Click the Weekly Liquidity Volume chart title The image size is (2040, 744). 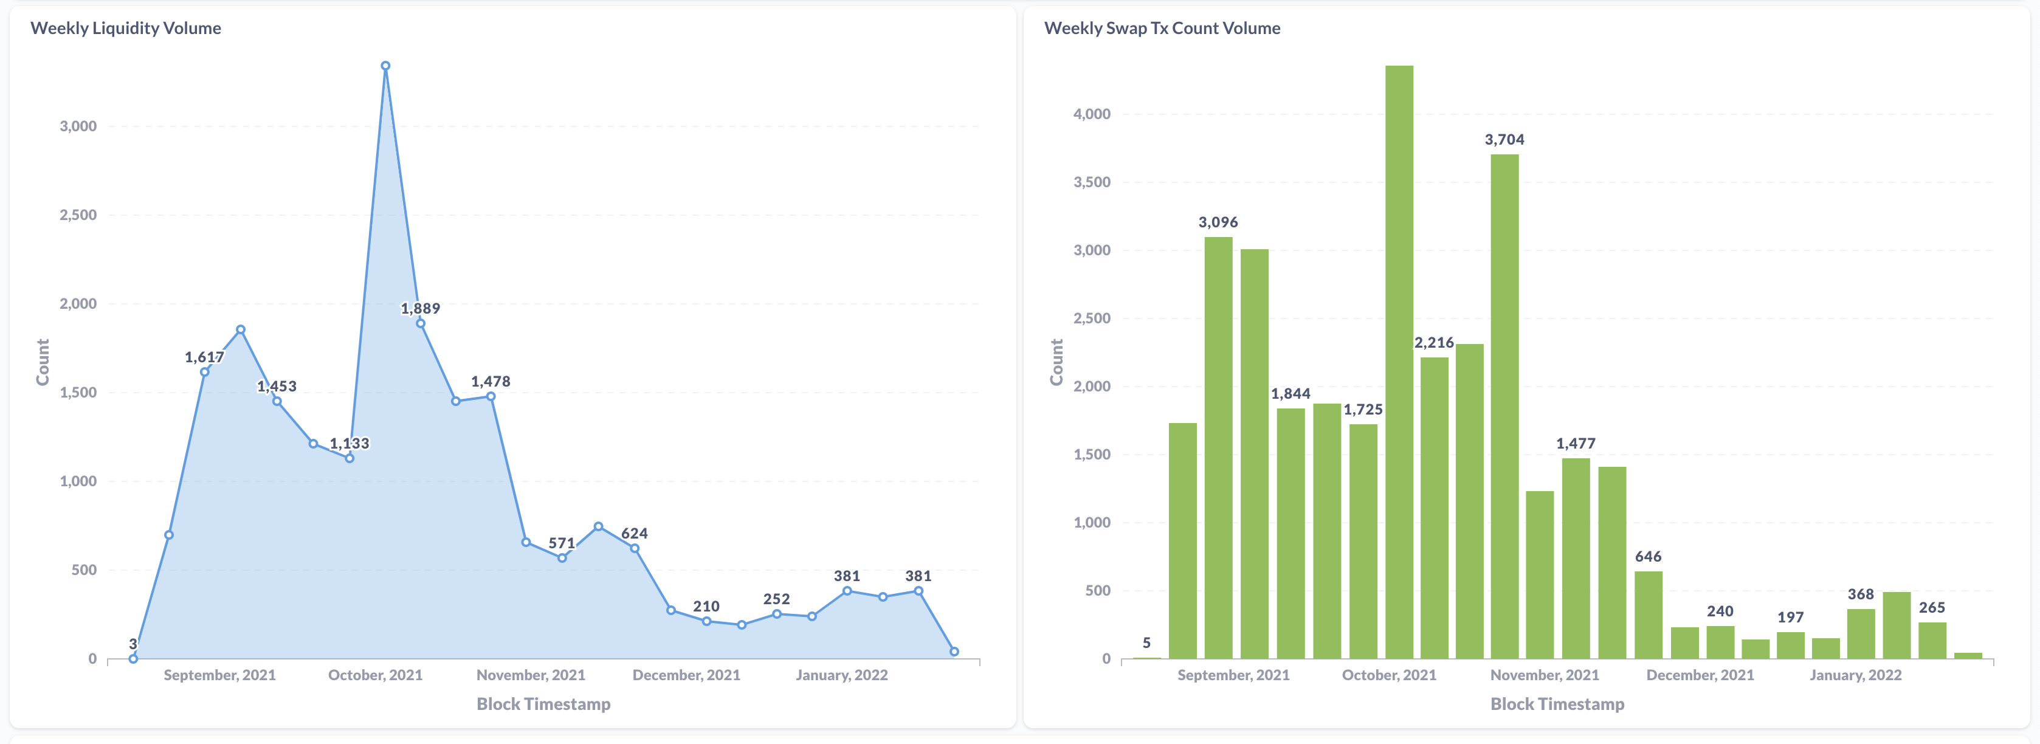coord(125,28)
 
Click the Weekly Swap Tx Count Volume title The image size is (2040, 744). coord(1162,28)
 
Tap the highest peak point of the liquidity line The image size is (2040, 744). coord(385,66)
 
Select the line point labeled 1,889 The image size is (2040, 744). coord(421,323)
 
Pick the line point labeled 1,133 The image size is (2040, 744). coord(350,458)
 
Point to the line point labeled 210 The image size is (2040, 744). coord(706,621)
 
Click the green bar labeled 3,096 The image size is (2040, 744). coord(1218,447)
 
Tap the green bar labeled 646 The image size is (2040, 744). coord(1648,615)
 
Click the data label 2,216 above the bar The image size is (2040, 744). coord(1433,343)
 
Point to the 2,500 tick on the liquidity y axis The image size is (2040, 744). coord(78,215)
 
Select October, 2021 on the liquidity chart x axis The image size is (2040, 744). coord(376,675)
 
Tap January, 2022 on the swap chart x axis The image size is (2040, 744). coord(1855,675)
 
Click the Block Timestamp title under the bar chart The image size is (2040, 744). coord(1556,704)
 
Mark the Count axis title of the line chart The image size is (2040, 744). coord(43,362)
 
